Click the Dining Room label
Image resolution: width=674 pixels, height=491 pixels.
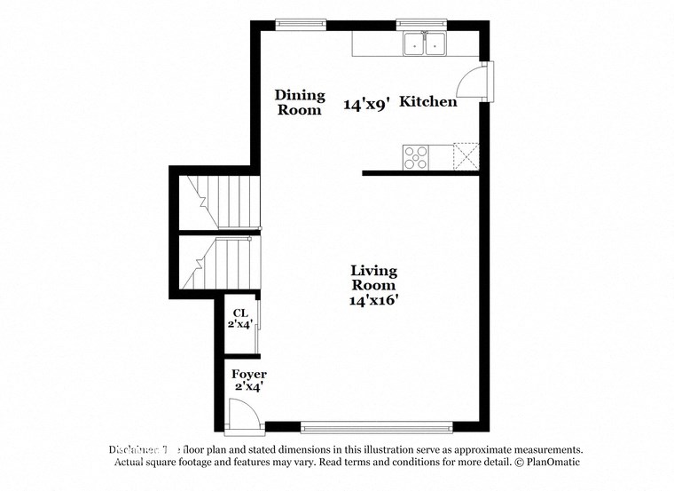click(x=300, y=102)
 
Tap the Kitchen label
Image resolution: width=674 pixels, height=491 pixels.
click(x=428, y=102)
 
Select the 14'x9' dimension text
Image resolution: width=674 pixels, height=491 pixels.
click(x=366, y=104)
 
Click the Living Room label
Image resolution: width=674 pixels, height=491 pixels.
click(x=373, y=278)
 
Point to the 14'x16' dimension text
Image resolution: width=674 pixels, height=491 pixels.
click(x=373, y=300)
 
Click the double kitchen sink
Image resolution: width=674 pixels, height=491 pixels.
click(x=422, y=44)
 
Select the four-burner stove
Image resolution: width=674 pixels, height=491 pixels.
click(x=416, y=157)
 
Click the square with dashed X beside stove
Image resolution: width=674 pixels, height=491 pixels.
click(x=466, y=156)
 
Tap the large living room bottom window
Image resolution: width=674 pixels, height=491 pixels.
click(x=376, y=427)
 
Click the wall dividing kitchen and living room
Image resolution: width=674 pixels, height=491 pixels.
click(x=420, y=173)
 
